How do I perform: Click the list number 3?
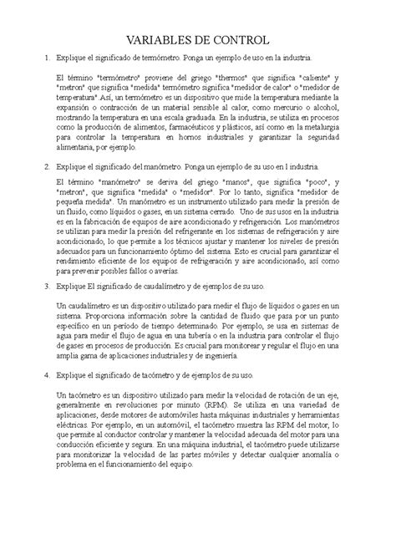tap(35, 285)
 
